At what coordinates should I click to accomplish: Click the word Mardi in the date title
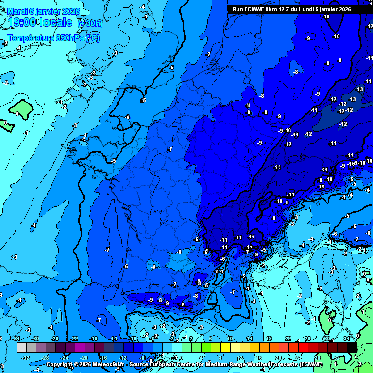point(17,11)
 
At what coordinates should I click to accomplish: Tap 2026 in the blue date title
point(70,11)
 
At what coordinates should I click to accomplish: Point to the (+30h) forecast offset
point(90,23)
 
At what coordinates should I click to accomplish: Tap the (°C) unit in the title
point(93,38)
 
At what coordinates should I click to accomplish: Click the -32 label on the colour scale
point(25,357)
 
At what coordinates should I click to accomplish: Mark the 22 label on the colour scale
point(288,339)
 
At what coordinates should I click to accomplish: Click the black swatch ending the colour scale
point(352,348)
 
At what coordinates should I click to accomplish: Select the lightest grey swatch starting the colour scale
point(21,348)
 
